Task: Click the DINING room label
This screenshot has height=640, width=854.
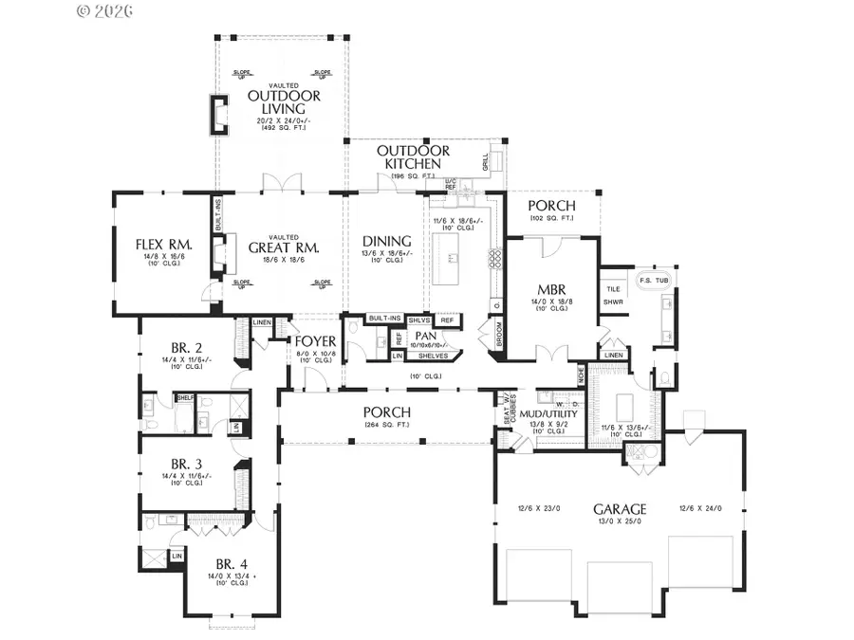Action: click(386, 241)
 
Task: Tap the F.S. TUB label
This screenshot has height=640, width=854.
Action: click(654, 280)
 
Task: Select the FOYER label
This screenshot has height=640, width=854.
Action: click(313, 341)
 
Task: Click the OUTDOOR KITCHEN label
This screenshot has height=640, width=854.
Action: click(414, 157)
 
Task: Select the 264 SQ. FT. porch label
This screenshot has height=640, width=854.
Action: click(386, 425)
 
